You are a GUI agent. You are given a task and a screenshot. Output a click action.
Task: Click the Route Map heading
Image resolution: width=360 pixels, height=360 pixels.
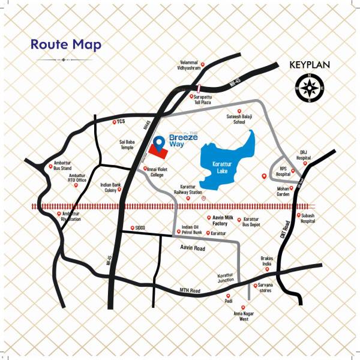pos(66,45)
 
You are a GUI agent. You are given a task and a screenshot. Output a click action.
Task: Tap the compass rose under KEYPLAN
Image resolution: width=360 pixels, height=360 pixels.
pos(310,89)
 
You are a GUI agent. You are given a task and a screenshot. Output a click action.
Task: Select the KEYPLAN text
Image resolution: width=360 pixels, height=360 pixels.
pos(310,65)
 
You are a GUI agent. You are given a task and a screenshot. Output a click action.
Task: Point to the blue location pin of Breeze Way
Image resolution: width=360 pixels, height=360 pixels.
pos(158,143)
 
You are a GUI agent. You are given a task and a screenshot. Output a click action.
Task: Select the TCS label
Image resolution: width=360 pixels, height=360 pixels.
pos(120,122)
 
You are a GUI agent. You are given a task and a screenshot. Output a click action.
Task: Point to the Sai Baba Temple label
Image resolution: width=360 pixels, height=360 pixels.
pos(127,147)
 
